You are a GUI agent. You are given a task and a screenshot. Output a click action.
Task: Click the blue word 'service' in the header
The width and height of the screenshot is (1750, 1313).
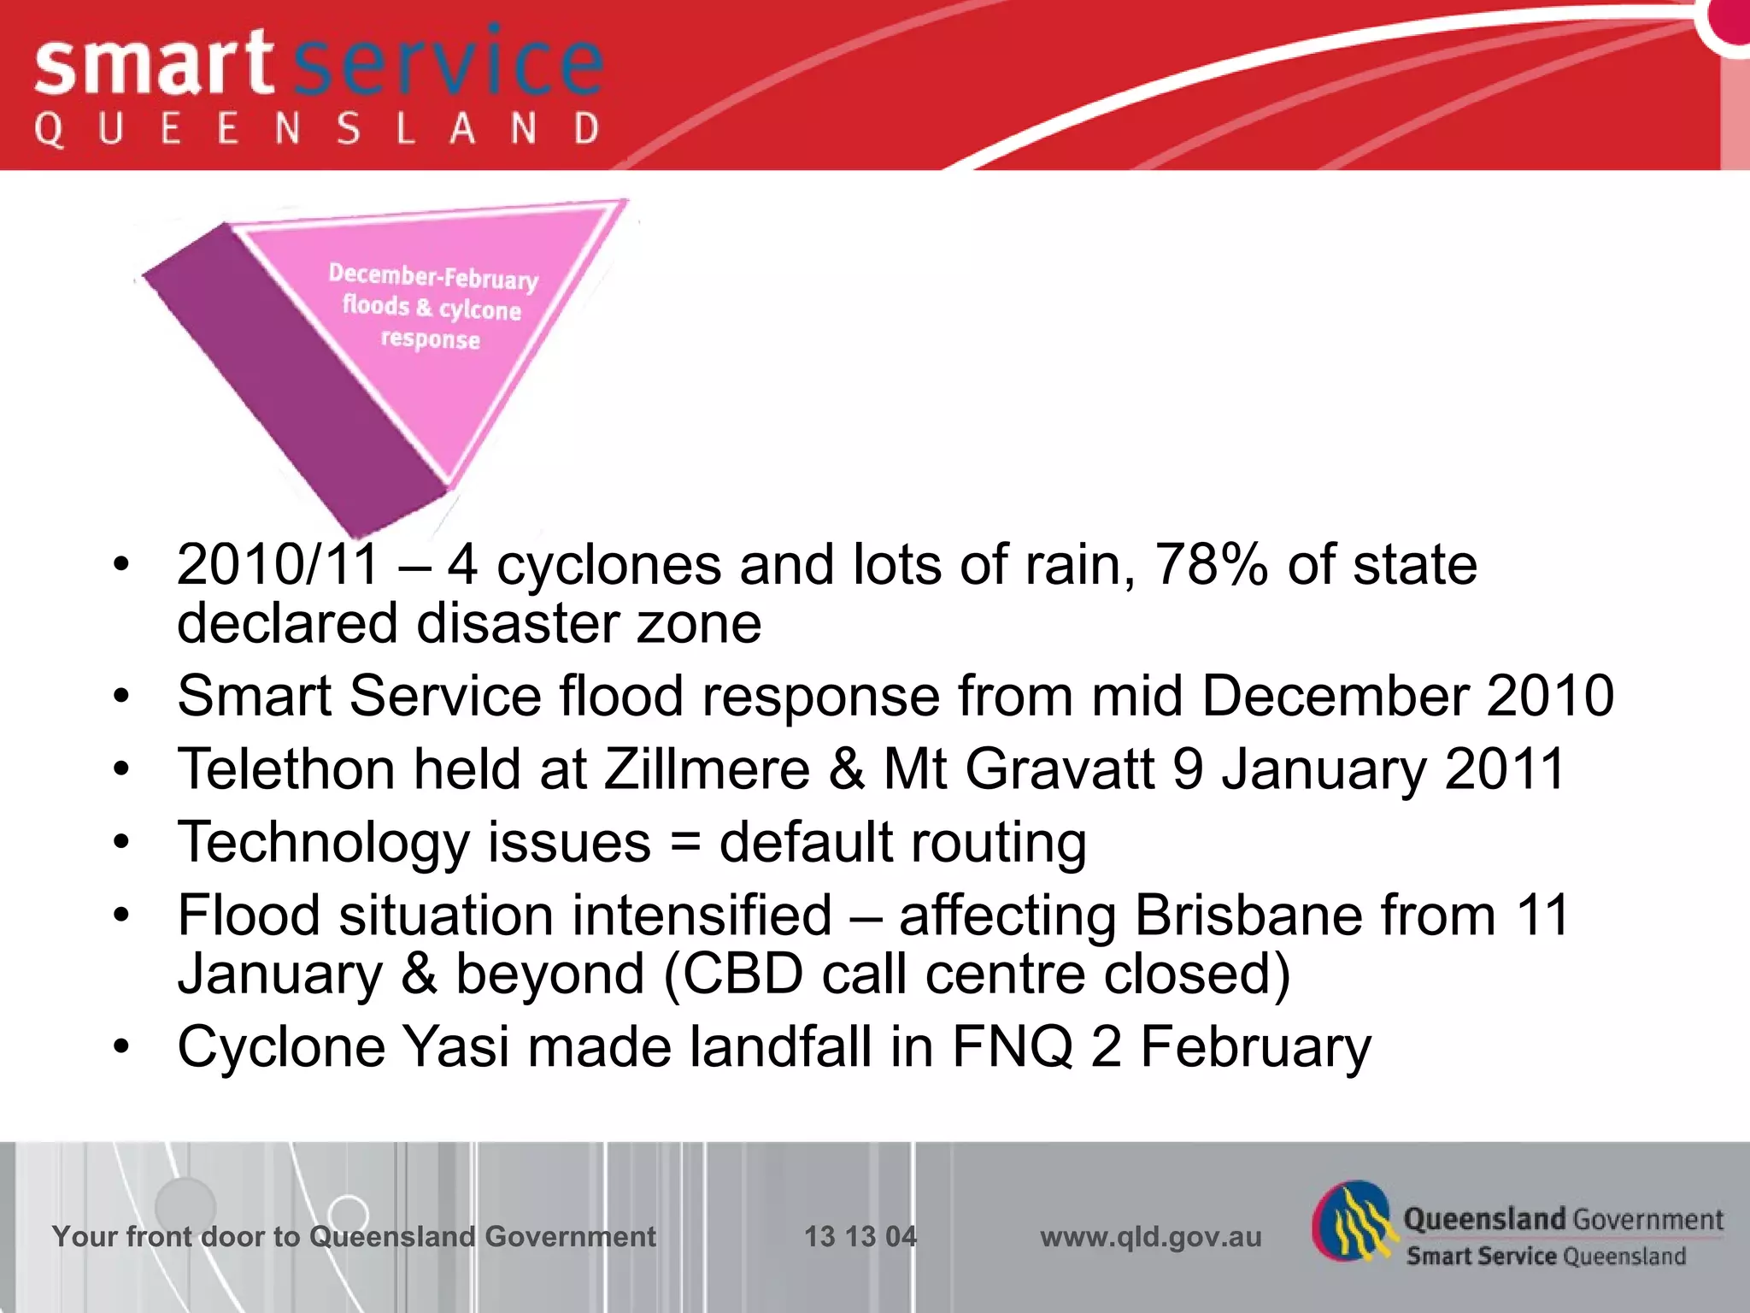[449, 64]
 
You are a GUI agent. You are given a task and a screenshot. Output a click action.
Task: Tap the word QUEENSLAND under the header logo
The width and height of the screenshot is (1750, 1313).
[316, 130]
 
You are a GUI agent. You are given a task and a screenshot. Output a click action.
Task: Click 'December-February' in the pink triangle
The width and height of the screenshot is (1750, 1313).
[433, 276]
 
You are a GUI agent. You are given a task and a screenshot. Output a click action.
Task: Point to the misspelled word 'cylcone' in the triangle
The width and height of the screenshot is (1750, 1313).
[480, 309]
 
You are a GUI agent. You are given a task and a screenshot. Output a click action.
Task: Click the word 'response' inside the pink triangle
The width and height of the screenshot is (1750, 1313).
[431, 339]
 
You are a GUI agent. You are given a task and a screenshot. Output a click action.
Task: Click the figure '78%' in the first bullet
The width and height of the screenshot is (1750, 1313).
[1211, 565]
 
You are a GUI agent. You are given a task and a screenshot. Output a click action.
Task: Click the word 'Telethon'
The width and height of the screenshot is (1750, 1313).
[286, 768]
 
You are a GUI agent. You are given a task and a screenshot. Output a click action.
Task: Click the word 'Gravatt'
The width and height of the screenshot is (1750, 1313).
[1060, 768]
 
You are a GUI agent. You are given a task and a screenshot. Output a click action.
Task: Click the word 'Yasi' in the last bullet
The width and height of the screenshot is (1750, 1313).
[455, 1046]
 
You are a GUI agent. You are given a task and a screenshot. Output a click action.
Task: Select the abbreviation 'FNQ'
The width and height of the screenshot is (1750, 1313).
[1013, 1046]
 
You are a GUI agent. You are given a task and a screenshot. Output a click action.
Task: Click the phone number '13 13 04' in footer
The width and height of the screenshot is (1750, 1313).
[860, 1236]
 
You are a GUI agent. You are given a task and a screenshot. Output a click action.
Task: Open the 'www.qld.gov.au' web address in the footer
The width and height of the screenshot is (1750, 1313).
[1150, 1236]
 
